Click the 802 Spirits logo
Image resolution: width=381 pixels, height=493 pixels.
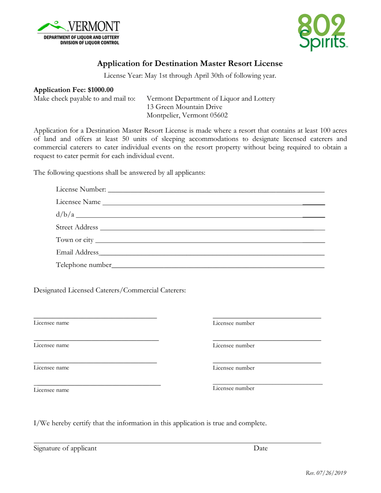(322, 32)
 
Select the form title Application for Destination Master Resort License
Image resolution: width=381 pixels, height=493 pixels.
(190, 63)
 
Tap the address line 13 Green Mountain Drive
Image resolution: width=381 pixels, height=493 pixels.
(184, 107)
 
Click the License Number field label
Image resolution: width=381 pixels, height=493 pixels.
(81, 189)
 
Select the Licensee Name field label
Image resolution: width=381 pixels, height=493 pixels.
(78, 202)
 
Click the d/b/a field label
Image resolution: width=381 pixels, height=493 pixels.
(65, 215)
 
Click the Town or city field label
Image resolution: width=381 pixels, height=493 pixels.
(75, 240)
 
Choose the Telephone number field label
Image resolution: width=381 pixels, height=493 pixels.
(83, 265)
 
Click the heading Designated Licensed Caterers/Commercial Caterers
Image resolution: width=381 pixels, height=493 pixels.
(109, 290)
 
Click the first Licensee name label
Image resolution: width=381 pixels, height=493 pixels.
(51, 323)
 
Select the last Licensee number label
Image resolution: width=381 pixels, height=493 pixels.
(233, 388)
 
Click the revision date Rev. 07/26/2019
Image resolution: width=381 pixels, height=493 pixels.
(326, 473)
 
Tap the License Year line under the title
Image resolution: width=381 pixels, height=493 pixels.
(190, 75)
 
